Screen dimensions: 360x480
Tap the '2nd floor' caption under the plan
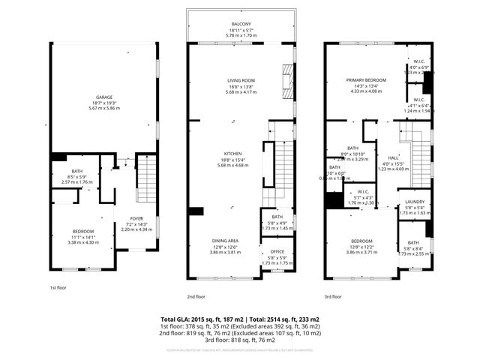click(217, 297)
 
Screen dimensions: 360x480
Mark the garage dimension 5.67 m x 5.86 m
click(103, 107)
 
